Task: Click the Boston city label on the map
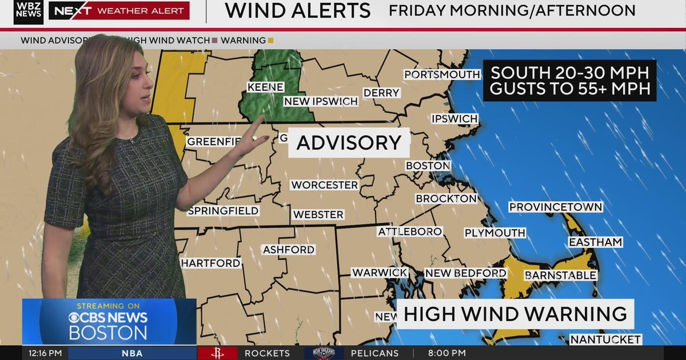(x=428, y=166)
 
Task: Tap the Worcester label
(x=324, y=185)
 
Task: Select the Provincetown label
(x=556, y=207)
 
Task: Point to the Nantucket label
(x=605, y=339)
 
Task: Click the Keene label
(x=265, y=87)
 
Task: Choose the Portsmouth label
(x=442, y=74)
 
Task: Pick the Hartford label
(x=210, y=263)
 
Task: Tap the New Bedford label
(x=465, y=273)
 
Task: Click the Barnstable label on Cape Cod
(x=560, y=275)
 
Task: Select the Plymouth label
(x=494, y=233)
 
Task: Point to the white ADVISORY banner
(x=349, y=143)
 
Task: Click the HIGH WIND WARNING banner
(x=515, y=314)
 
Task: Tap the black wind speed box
(x=569, y=81)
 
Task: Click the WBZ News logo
(x=29, y=11)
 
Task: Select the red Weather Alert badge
(x=119, y=10)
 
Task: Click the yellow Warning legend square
(x=270, y=41)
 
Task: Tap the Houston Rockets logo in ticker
(x=217, y=353)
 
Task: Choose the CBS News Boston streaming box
(x=109, y=321)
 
